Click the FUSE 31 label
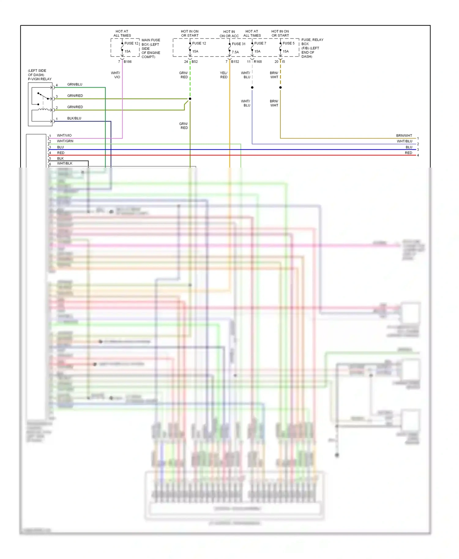(239, 44)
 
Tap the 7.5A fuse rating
(235, 52)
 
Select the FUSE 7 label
(260, 43)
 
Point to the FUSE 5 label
(289, 43)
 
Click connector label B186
(128, 62)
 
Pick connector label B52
(195, 62)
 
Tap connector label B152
(235, 62)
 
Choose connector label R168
(258, 62)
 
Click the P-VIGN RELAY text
(40, 79)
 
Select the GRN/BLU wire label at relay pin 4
(75, 84)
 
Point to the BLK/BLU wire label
(74, 118)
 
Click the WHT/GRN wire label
(65, 141)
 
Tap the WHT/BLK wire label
(65, 163)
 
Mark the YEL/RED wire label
(224, 75)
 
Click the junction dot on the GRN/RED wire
(190, 99)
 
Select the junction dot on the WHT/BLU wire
(252, 87)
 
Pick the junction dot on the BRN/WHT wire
(280, 87)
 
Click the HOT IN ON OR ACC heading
(229, 34)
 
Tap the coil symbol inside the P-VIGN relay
(43, 109)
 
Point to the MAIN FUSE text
(151, 40)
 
